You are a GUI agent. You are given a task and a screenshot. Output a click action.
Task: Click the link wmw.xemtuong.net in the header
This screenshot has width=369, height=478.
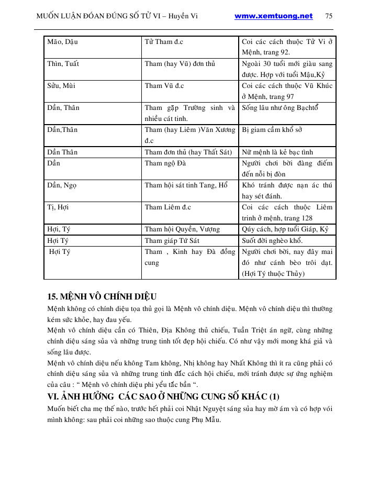273,16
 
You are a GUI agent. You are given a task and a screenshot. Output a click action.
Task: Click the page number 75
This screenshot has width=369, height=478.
329,16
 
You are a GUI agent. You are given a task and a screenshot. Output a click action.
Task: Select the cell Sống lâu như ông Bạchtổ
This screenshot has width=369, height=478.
280,108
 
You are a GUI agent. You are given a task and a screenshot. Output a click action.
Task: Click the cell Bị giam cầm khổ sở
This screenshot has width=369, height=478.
272,130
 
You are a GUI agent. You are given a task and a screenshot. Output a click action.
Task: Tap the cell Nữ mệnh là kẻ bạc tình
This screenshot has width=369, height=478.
277,152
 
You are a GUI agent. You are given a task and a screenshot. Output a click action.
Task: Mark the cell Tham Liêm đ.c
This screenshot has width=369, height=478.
167,207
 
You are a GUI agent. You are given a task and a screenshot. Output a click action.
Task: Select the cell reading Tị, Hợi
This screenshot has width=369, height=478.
58,207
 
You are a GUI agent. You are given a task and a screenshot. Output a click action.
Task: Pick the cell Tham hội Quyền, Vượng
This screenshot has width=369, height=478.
182,229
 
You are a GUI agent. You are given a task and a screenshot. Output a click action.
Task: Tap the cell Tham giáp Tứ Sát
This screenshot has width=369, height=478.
172,241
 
